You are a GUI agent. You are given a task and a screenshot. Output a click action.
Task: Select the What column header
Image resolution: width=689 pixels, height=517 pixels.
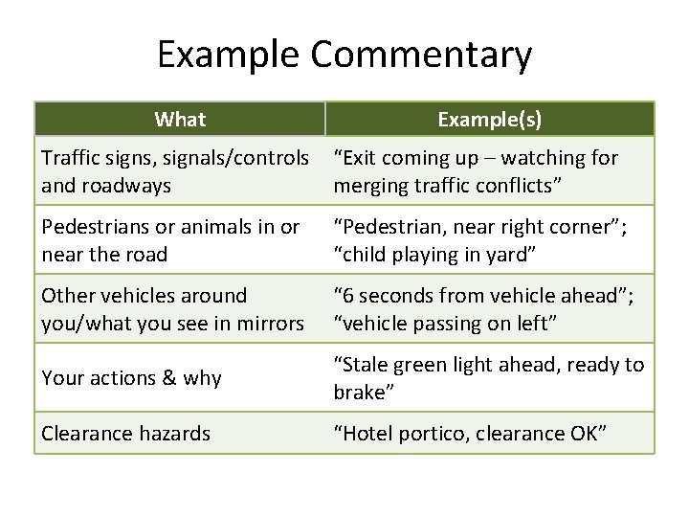click(x=180, y=120)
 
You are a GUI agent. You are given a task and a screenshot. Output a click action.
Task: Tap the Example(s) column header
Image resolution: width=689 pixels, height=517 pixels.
click(x=489, y=120)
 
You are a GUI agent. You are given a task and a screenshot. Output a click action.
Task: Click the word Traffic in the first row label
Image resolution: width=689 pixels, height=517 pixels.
click(x=70, y=157)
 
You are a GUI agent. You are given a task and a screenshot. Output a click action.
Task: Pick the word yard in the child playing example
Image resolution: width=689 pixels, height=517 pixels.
click(x=518, y=255)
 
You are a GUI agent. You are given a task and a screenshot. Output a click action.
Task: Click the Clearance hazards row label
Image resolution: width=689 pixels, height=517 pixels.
click(x=125, y=434)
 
